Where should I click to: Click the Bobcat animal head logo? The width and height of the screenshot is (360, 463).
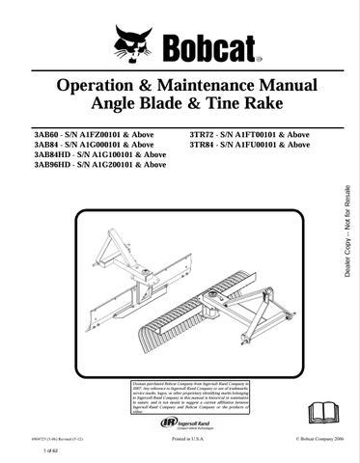(x=132, y=42)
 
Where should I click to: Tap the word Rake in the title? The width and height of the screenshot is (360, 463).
(x=265, y=103)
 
